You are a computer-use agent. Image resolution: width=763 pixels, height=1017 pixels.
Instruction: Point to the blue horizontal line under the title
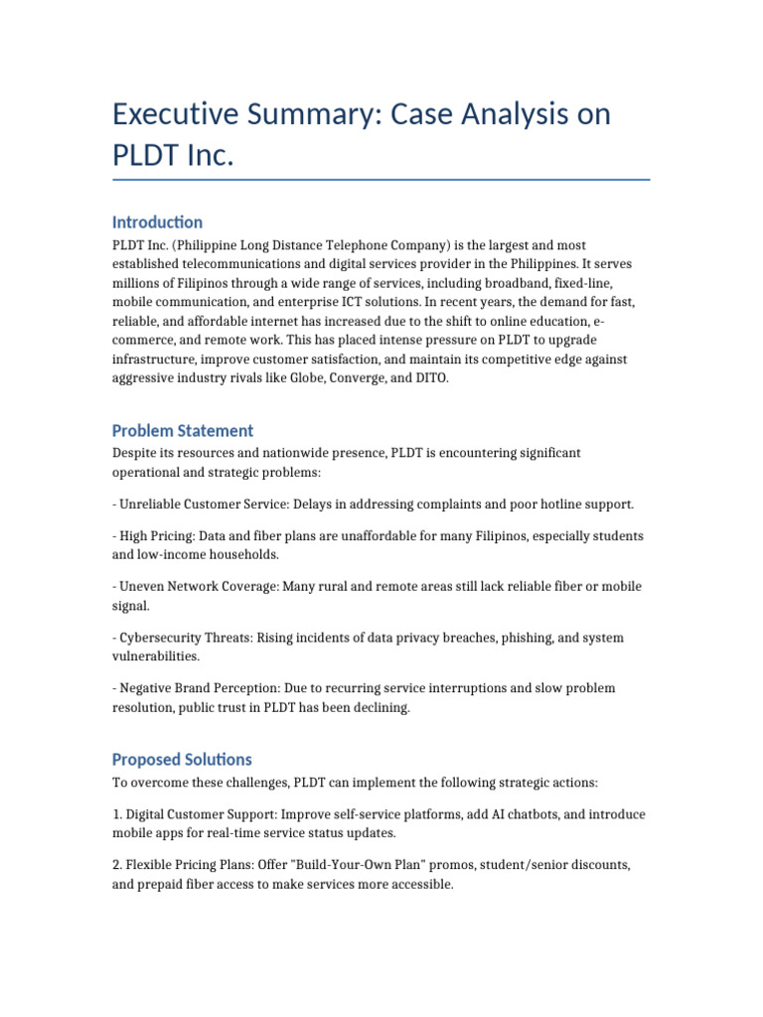[x=381, y=180]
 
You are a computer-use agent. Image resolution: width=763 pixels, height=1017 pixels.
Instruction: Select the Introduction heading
[x=157, y=221]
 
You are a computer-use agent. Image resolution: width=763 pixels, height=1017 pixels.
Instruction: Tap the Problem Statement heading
[x=182, y=430]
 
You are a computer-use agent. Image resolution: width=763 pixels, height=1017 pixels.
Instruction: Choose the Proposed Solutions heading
[x=182, y=759]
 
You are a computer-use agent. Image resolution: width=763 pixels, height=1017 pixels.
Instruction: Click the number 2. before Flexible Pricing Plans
[x=117, y=865]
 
